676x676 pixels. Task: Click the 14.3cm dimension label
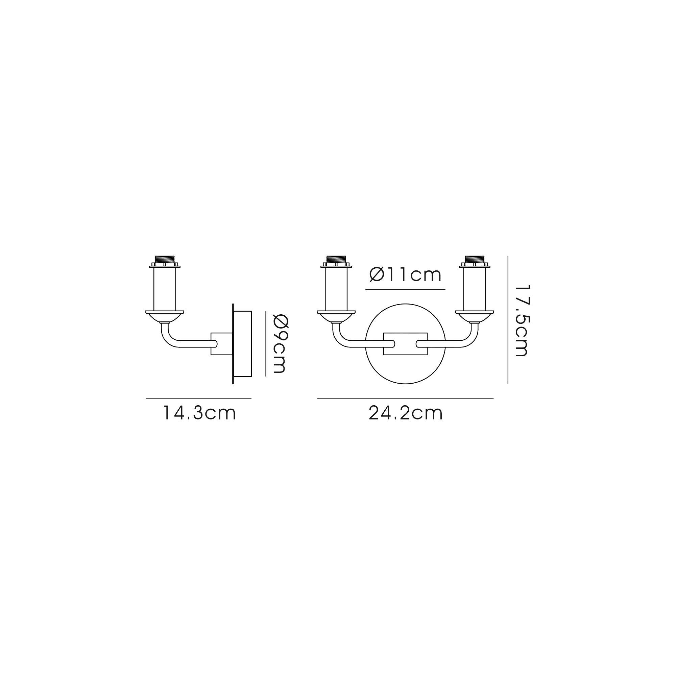pyautogui.click(x=199, y=413)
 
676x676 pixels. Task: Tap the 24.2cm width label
pyautogui.click(x=406, y=413)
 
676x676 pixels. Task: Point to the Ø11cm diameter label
pyautogui.click(x=405, y=275)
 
